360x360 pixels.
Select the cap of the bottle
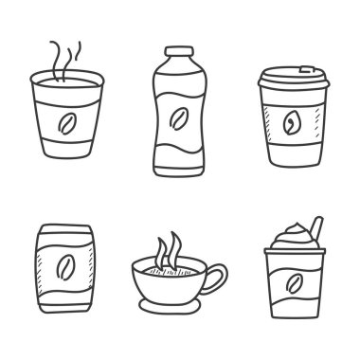177,54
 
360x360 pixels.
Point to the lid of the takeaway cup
291,81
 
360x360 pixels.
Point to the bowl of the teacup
174,280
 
